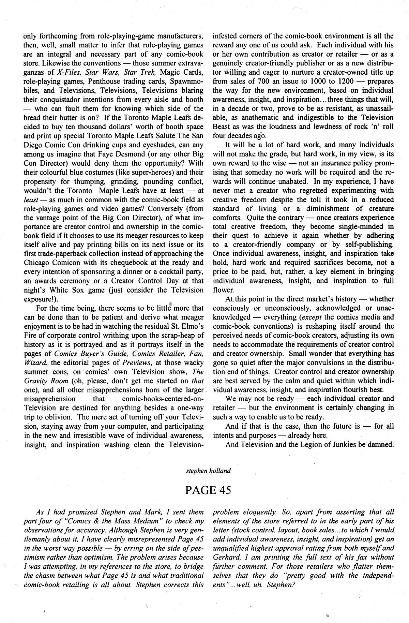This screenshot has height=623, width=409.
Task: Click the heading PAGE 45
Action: (208, 490)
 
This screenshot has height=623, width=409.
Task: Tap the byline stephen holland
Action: (208, 471)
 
